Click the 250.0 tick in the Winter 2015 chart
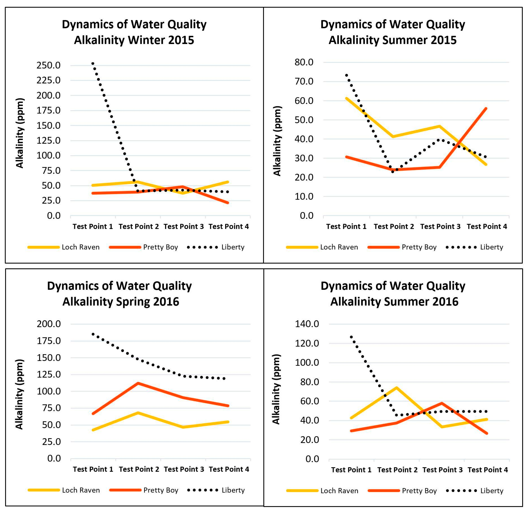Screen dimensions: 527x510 pyautogui.click(x=48, y=65)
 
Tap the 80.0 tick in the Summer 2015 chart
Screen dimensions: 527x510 pyautogui.click(x=304, y=62)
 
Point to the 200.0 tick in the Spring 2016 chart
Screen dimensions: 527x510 pyautogui.click(x=49, y=324)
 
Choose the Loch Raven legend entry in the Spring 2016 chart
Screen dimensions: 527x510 pyautogui.click(x=64, y=490)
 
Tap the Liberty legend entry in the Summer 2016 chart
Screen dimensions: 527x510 pyautogui.click(x=475, y=491)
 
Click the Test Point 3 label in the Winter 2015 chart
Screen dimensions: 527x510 pyautogui.click(x=184, y=226)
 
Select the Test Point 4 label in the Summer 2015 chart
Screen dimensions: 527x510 pyautogui.click(x=487, y=226)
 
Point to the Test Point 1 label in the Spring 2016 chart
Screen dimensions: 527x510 pyautogui.click(x=93, y=469)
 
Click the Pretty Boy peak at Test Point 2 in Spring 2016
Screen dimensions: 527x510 pyautogui.click(x=138, y=383)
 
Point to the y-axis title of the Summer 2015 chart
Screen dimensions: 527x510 pyautogui.click(x=277, y=141)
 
